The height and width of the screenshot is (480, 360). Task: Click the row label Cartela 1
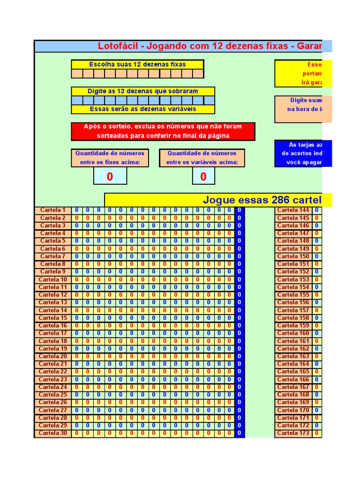pos(53,210)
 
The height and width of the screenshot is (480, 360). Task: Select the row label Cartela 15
pos(53,318)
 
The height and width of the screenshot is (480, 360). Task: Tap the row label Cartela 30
pos(53,433)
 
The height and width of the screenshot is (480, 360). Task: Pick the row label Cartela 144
pos(293,210)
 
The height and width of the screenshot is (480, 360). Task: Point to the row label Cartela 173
pos(293,433)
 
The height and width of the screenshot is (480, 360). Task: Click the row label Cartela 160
pos(293,333)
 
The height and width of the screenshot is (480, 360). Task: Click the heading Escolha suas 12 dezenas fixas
pos(137,64)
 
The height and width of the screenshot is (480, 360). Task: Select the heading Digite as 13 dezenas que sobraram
pos(143,91)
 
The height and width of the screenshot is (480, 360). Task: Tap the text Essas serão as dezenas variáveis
pos(143,109)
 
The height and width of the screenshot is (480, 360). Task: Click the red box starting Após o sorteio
pos(163,131)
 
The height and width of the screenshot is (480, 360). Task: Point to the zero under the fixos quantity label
pos(110,176)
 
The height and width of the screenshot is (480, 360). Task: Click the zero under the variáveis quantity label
pos(203,176)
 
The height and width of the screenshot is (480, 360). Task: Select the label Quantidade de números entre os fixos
pos(110,158)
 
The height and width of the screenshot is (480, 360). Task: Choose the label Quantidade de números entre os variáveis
pos(202,158)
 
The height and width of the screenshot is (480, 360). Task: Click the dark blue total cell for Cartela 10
pos(239,279)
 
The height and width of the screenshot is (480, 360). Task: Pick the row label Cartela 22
pos(53,372)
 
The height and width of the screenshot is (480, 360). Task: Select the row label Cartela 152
pos(293,271)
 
